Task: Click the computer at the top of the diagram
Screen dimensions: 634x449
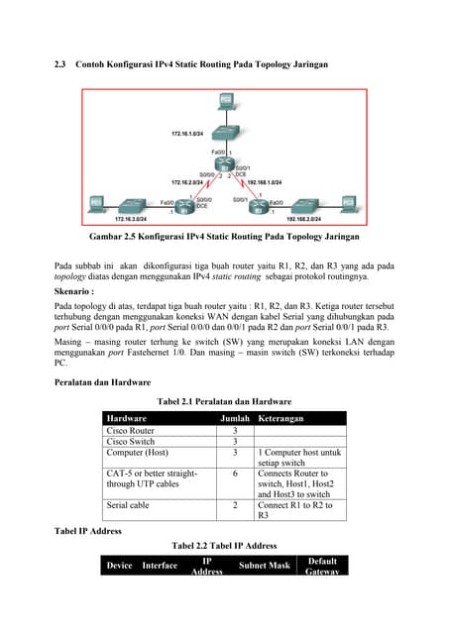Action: point(224,101)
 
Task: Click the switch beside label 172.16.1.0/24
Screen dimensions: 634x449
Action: point(224,131)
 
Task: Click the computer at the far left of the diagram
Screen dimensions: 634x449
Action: point(97,203)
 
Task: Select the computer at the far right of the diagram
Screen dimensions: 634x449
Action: point(350,203)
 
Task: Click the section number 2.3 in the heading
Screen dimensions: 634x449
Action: point(59,64)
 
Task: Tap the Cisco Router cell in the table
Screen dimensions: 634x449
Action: point(131,431)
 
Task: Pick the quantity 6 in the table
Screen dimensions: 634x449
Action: point(235,475)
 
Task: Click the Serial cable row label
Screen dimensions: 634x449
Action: point(129,506)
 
